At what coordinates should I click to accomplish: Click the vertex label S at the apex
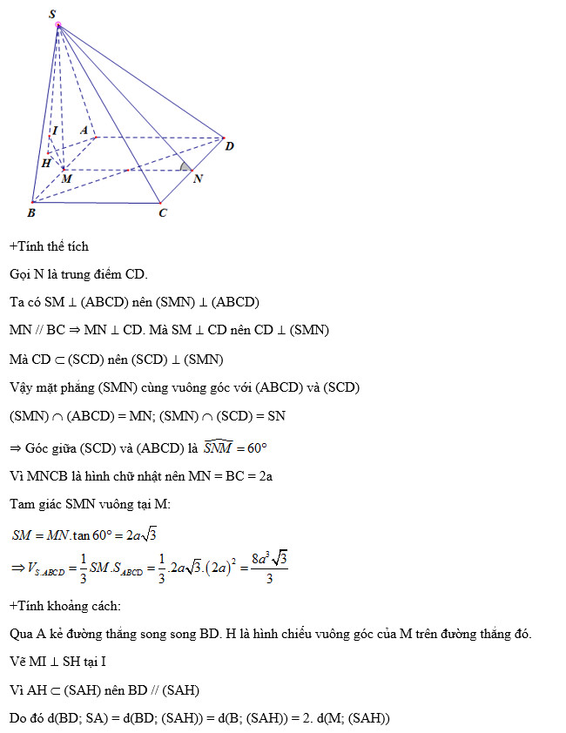point(53,14)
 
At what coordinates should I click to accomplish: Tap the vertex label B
point(31,212)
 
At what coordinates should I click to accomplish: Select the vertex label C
point(162,212)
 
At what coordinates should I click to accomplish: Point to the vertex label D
point(229,146)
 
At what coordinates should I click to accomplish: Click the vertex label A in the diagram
point(84,130)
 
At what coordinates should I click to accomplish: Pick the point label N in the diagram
point(198,178)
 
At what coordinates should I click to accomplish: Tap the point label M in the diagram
point(67,178)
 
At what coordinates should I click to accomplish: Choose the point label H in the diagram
point(45,163)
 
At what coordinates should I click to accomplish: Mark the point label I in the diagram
point(55,131)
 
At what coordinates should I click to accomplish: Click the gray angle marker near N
point(183,165)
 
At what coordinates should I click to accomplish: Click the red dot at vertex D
point(223,138)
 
